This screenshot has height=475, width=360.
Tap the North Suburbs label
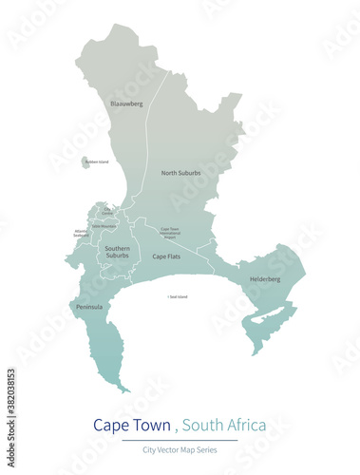point(181,173)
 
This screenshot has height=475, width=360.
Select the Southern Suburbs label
point(117,252)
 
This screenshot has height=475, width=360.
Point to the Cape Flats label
point(167,256)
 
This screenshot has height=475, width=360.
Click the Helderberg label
point(265,279)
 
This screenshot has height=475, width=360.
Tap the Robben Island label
point(97,162)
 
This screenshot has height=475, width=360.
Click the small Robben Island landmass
point(85,163)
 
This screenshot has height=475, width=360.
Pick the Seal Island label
point(178,297)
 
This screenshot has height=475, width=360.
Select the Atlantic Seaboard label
point(82,233)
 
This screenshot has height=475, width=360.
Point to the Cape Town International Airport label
point(170,232)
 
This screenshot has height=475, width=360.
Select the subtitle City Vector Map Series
point(180,449)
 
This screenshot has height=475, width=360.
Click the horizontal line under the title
point(180,439)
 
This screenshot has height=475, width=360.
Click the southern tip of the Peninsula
point(126,389)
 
